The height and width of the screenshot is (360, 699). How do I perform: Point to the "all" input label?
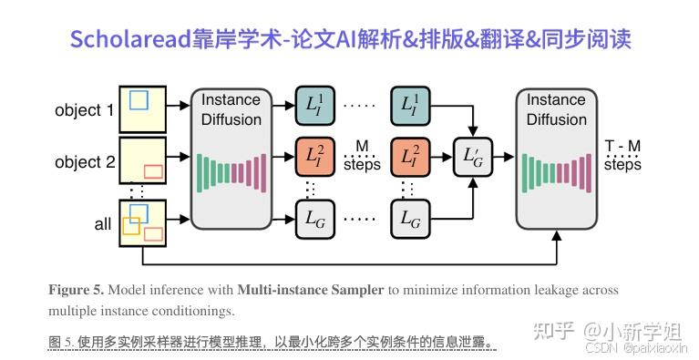[103, 224]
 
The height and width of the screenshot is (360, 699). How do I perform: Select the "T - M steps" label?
[622, 156]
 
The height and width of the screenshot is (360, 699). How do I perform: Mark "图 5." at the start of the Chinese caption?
[60, 343]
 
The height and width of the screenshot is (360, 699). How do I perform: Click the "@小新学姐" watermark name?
[634, 329]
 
